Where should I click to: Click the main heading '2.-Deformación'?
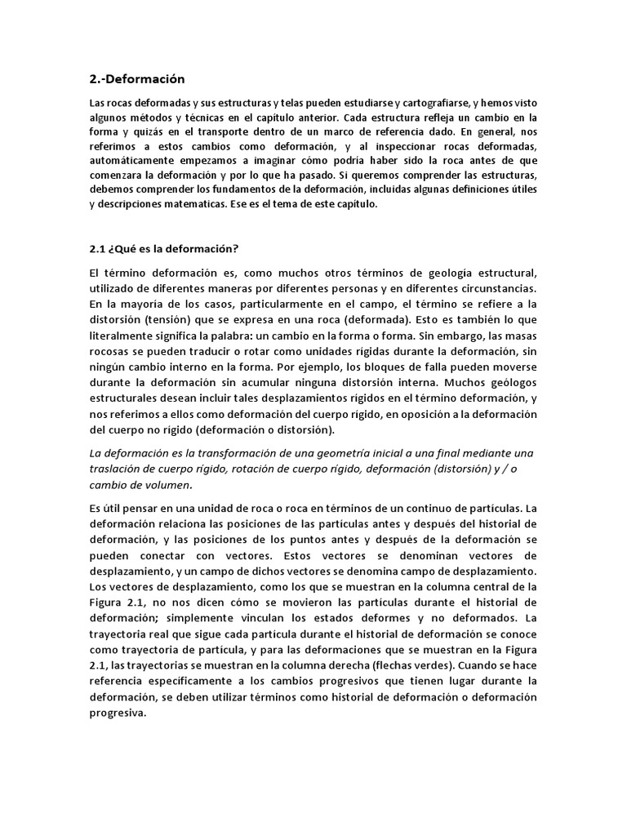click(137, 79)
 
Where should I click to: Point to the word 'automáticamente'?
click(129, 161)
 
